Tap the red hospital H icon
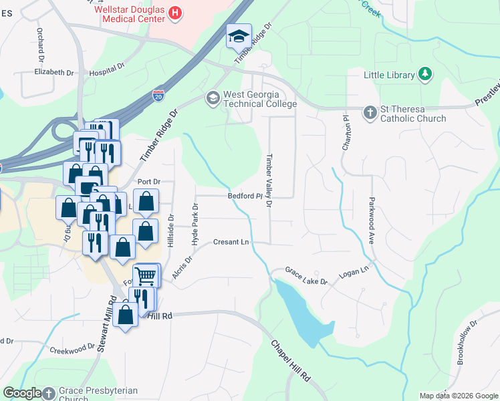(174, 12)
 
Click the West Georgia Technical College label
(259, 100)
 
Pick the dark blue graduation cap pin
(237, 37)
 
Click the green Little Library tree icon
(424, 75)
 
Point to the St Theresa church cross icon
(370, 113)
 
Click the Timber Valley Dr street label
(269, 180)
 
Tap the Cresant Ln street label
(231, 242)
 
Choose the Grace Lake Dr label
(306, 277)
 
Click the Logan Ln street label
(355, 270)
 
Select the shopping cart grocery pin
(146, 275)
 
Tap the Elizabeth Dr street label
(54, 72)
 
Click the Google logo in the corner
(22, 393)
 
